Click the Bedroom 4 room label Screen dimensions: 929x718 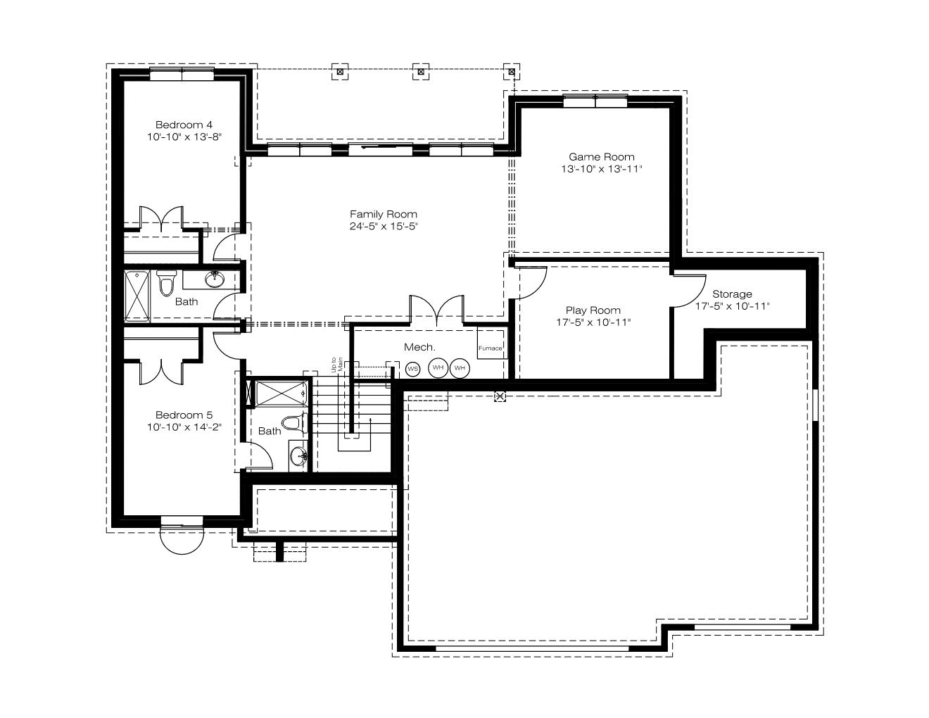click(x=184, y=125)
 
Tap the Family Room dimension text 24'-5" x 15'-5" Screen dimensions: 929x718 click(x=383, y=226)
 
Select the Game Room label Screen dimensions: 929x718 click(x=601, y=156)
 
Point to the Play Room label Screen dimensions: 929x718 click(x=593, y=310)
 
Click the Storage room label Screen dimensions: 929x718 click(x=732, y=294)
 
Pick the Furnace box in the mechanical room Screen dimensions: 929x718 click(x=491, y=344)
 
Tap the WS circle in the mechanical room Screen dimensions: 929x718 click(x=412, y=369)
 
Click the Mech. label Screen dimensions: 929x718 click(x=419, y=347)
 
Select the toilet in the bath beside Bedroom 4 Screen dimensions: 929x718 click(x=166, y=282)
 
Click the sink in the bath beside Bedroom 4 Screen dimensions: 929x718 click(x=214, y=279)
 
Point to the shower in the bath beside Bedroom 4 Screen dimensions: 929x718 click(x=137, y=296)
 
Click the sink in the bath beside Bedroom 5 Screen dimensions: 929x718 click(x=298, y=456)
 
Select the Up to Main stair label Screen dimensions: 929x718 click(x=337, y=365)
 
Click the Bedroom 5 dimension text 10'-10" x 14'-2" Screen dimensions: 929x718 click(x=184, y=427)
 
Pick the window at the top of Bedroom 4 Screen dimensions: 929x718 click(x=182, y=74)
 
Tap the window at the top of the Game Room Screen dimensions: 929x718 click(x=595, y=101)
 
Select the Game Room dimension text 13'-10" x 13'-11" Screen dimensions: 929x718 click(x=601, y=168)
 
